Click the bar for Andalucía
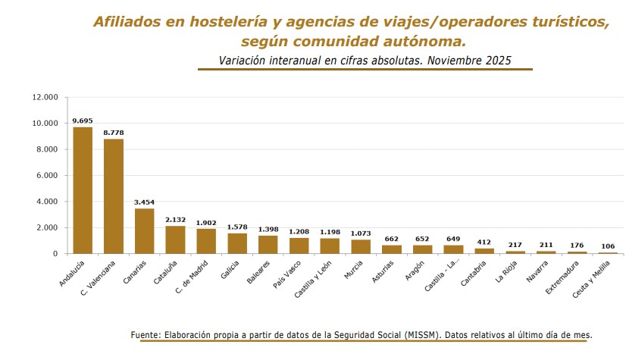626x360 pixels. coord(83,190)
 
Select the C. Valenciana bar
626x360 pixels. coord(114,196)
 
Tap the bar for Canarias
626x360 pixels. coord(144,230)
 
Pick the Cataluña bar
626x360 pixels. coord(175,239)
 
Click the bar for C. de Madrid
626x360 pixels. coord(206,241)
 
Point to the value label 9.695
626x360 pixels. coord(83,121)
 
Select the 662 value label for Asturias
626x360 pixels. coord(391,239)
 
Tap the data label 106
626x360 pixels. coord(608,246)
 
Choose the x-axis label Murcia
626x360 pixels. coord(354,270)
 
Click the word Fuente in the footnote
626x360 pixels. coord(145,334)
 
